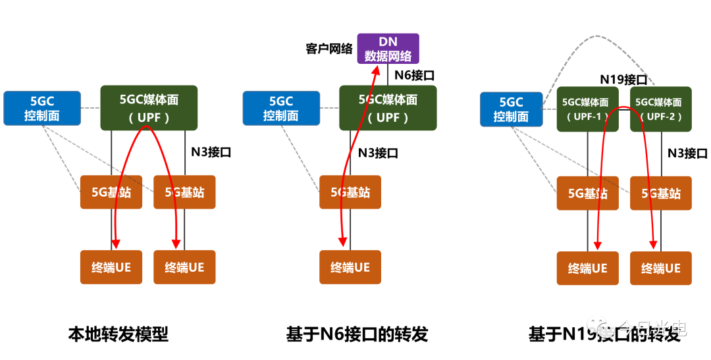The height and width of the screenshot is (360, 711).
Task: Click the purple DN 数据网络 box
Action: [x=388, y=49]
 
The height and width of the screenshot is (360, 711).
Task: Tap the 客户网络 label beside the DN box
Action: [x=329, y=49]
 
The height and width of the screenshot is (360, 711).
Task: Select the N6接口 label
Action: [x=414, y=75]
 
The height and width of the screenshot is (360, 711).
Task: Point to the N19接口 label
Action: [x=623, y=80]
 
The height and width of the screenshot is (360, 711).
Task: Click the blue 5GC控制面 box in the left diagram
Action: [x=42, y=109]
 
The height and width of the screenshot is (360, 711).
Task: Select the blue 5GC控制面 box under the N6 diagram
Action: [x=280, y=109]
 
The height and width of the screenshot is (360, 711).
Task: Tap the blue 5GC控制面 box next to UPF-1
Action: [x=511, y=109]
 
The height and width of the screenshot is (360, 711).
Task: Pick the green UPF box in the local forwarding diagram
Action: [x=149, y=108]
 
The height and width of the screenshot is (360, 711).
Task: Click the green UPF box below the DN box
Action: [x=388, y=108]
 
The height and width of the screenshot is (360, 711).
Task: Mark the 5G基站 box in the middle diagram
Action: [x=350, y=192]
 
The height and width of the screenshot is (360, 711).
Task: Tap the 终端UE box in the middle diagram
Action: [x=350, y=267]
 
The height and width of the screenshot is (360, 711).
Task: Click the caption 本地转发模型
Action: [x=118, y=334]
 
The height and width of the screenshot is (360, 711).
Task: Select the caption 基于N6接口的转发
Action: [x=357, y=334]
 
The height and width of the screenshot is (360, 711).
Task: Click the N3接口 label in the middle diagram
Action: [x=378, y=153]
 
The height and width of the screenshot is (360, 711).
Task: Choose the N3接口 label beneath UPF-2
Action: [x=687, y=153]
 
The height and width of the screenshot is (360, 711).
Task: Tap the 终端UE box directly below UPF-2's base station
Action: [x=661, y=269]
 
